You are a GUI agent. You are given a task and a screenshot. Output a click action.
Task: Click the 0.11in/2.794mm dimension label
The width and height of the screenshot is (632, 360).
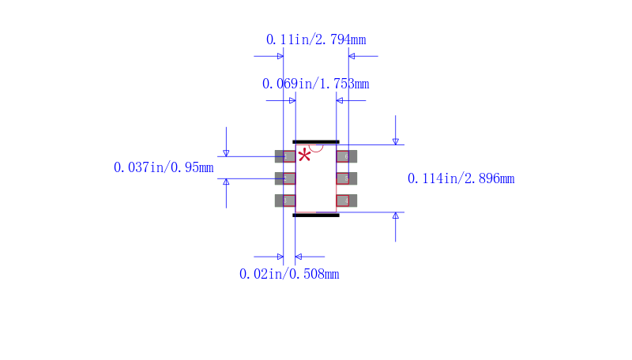tap(316, 39)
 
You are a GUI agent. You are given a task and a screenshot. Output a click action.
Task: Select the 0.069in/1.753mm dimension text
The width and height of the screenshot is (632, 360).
tap(315, 84)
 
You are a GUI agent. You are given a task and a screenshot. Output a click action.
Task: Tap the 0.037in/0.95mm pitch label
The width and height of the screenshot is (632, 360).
tap(164, 167)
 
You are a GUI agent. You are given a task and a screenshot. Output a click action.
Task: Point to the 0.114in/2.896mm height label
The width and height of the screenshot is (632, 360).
tap(461, 178)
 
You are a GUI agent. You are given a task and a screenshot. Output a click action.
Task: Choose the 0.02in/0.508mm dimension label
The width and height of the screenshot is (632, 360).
tap(289, 274)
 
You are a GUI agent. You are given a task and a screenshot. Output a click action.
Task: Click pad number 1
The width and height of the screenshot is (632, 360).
tap(285, 156)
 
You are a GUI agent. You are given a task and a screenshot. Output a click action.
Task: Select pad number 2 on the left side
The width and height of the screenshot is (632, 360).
tap(285, 178)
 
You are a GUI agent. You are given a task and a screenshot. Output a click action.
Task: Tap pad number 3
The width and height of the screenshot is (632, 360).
tap(285, 201)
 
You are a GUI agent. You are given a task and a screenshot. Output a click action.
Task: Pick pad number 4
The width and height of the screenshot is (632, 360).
tap(347, 201)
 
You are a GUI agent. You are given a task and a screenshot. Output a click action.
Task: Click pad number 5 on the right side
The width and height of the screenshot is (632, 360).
tap(347, 178)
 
